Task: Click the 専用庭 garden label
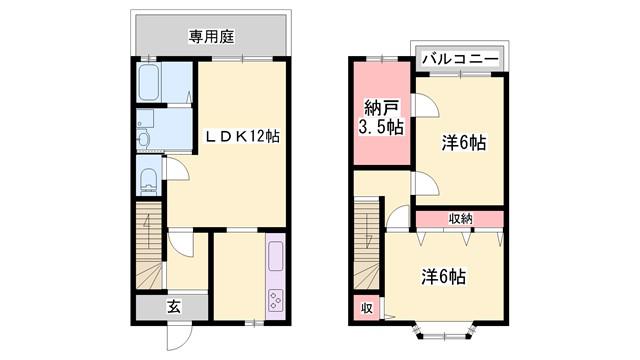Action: coord(211,37)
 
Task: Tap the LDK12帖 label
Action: coord(242,136)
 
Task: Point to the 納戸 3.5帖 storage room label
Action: coord(381,118)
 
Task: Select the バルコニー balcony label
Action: coord(460,59)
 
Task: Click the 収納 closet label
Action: coord(460,219)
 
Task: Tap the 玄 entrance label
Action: coord(173,307)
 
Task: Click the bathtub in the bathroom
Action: coord(148,83)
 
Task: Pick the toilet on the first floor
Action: coord(149,180)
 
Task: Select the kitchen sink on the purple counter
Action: coord(276,256)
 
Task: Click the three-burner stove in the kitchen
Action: coord(276,301)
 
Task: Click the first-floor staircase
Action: coord(149,245)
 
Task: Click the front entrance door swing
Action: coord(179,336)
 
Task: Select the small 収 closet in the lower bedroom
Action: coord(367,308)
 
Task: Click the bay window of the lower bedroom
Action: coord(445,331)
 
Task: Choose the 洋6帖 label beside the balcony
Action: coord(463,143)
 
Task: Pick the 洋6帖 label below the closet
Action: coord(443,277)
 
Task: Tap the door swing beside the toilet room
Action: coord(176,168)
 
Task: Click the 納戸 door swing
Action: coord(425,105)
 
